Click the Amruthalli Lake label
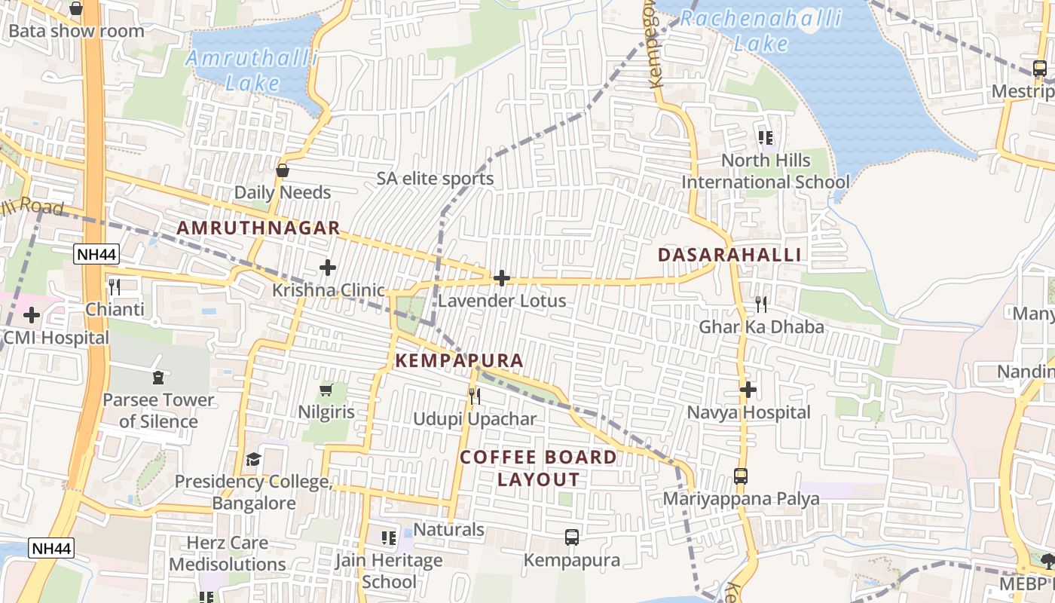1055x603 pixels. (251, 70)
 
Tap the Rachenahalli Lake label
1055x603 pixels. (761, 30)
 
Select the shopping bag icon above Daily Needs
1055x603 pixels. (283, 171)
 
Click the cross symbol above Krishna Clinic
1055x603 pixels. (328, 268)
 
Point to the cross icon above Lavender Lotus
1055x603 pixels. (501, 278)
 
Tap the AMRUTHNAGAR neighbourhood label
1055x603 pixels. (258, 228)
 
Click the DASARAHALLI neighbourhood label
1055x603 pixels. (729, 255)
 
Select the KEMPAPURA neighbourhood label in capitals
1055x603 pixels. (459, 361)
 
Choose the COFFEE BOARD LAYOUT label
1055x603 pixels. (538, 468)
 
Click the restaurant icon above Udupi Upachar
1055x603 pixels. (474, 396)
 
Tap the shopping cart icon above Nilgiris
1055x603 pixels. (326, 390)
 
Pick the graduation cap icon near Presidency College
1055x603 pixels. (254, 460)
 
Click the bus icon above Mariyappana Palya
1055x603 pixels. (741, 476)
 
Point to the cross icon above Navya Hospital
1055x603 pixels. (748, 390)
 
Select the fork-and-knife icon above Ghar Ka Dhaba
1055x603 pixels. (761, 305)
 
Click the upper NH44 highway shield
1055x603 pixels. (97, 255)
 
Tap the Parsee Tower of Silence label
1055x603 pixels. (158, 410)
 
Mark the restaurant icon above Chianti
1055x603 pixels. (114, 287)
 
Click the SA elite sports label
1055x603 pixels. (436, 179)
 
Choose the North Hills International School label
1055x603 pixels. (766, 171)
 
